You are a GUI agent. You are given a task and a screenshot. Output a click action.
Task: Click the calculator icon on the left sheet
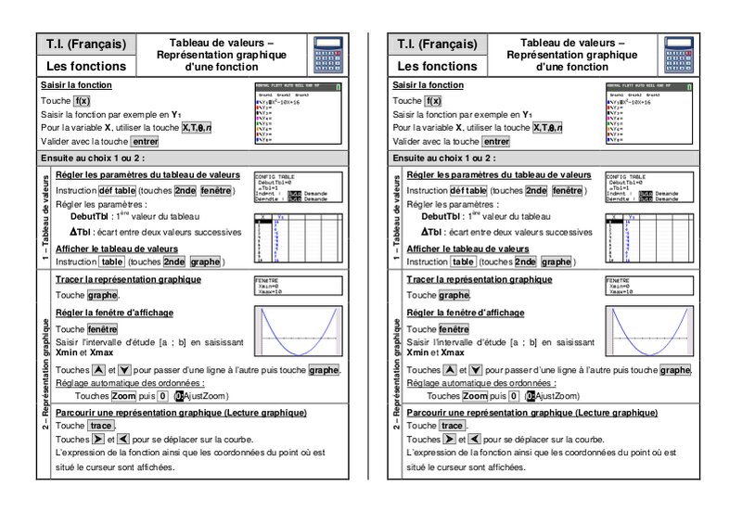coord(328,55)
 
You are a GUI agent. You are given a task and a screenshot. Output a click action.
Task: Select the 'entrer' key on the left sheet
coord(145,142)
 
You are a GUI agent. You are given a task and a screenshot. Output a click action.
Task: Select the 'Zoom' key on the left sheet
coord(124,395)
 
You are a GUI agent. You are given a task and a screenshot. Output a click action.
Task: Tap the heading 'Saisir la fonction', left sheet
coord(77,84)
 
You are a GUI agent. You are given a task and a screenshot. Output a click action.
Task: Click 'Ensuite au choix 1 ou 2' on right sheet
coord(444,158)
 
